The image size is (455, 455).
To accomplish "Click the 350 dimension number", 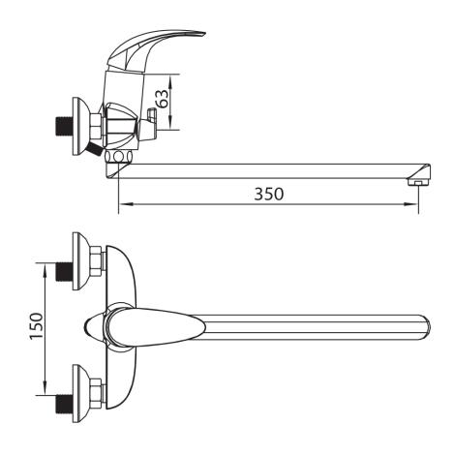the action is pos(269,194).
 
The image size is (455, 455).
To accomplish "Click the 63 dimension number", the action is pos(162,99).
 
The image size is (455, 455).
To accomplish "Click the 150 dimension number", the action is pos(36,326).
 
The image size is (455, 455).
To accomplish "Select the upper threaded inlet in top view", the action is pos(64,271).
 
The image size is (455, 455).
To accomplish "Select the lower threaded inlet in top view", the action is pos(64,404).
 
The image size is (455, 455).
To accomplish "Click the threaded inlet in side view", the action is pos(64,127).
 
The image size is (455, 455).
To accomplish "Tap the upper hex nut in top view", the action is pos(97,261).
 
